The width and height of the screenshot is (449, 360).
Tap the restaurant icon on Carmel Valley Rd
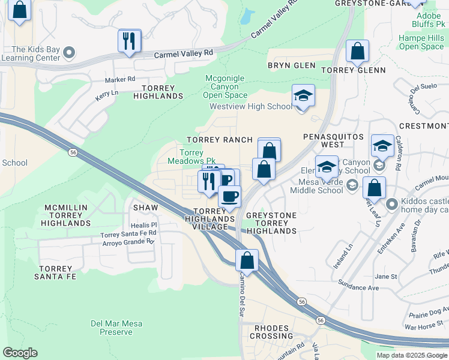pyautogui.click(x=129, y=41)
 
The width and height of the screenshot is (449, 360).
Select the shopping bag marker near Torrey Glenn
pyautogui.click(x=358, y=52)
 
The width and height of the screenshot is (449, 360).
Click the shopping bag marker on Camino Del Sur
pyautogui.click(x=247, y=261)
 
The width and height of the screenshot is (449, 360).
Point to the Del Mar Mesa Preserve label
pyautogui.click(x=116, y=328)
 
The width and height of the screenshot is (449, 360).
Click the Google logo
pyautogui.click(x=20, y=353)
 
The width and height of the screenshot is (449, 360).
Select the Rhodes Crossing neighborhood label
pyautogui.click(x=273, y=332)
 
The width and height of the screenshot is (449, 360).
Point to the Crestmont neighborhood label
pyautogui.click(x=424, y=126)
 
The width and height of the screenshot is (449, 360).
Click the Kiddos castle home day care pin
pyautogui.click(x=393, y=205)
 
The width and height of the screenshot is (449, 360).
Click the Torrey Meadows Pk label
pyautogui.click(x=191, y=157)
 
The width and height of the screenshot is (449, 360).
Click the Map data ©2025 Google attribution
pyautogui.click(x=412, y=355)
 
